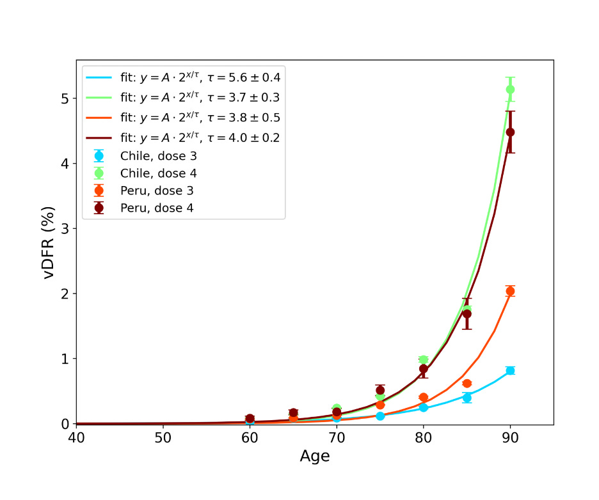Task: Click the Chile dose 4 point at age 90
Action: (x=510, y=90)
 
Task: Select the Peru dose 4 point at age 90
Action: (x=510, y=132)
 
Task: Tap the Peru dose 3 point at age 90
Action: (x=510, y=291)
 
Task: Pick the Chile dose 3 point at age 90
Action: (x=510, y=370)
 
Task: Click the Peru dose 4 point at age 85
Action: (x=467, y=313)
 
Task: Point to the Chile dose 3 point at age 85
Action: (x=467, y=397)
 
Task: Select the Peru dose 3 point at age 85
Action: (x=467, y=384)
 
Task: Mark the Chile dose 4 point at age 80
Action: (x=423, y=360)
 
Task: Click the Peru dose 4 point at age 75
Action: (x=380, y=390)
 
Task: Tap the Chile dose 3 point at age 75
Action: (x=380, y=416)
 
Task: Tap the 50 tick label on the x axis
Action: (x=163, y=438)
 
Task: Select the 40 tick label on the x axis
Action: (x=76, y=438)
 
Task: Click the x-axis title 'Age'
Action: (x=315, y=457)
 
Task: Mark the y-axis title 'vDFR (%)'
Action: (x=49, y=242)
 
